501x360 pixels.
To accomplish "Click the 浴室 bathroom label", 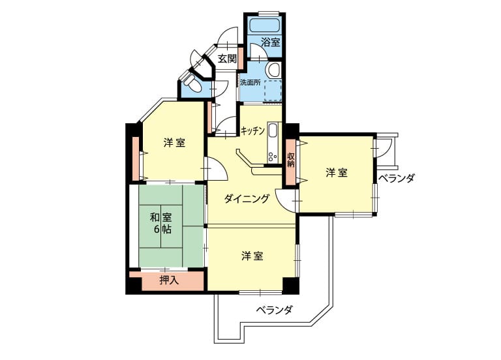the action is pos(271,42).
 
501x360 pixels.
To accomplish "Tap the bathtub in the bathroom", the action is pos(264,25).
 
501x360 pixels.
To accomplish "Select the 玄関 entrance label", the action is pos(227,59).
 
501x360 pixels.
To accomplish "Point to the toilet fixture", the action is pos(192,83).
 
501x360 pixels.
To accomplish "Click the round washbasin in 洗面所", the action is pos(274,69).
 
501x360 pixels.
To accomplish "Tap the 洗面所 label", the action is pos(250,82).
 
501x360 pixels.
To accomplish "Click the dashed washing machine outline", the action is pos(272,91).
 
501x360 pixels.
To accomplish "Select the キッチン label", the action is pos(252,131).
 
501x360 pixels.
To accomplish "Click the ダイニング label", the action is pos(247,199).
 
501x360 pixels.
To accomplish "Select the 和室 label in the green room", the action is pos(161,218).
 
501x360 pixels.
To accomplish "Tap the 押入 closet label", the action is pos(169,280).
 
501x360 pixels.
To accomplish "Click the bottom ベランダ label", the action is pos(275,310).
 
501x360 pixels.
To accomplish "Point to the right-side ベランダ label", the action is pos(397,178).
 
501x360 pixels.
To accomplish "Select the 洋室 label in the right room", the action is pos(337,173).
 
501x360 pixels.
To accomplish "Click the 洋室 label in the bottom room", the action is pos(252,256).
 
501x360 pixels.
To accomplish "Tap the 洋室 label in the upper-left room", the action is pos(174,143).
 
